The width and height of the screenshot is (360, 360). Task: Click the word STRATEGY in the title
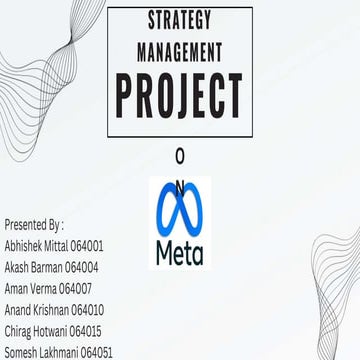(179, 19)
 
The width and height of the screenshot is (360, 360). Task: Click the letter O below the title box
(179, 157)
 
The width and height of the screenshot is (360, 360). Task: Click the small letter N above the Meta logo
(180, 184)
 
